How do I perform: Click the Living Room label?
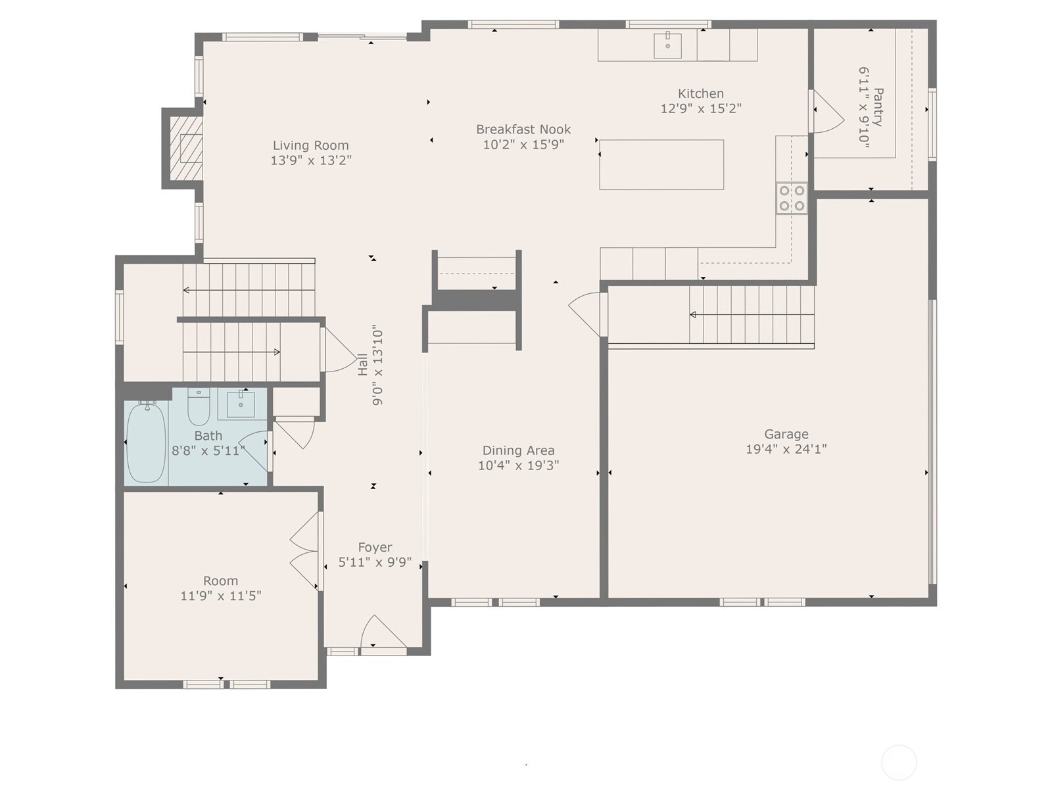pyautogui.click(x=310, y=145)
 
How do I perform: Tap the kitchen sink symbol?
pyautogui.click(x=667, y=45)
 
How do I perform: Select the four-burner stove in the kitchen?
pyautogui.click(x=792, y=199)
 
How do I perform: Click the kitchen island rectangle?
pyautogui.click(x=661, y=164)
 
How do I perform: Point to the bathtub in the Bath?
pyautogui.click(x=145, y=442)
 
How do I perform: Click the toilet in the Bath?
pyautogui.click(x=199, y=407)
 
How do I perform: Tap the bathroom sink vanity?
pyautogui.click(x=241, y=404)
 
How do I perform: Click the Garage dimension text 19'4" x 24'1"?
pyautogui.click(x=786, y=449)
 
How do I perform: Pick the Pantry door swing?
pyautogui.click(x=827, y=112)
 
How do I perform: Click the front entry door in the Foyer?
pyautogui.click(x=383, y=633)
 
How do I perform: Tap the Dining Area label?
pyautogui.click(x=518, y=450)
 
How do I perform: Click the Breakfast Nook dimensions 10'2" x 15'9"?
pyautogui.click(x=523, y=145)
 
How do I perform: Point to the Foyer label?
pyautogui.click(x=375, y=547)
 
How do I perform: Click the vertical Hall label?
pyautogui.click(x=363, y=365)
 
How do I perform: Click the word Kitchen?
pyautogui.click(x=701, y=93)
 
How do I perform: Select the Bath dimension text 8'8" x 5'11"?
pyautogui.click(x=208, y=450)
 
